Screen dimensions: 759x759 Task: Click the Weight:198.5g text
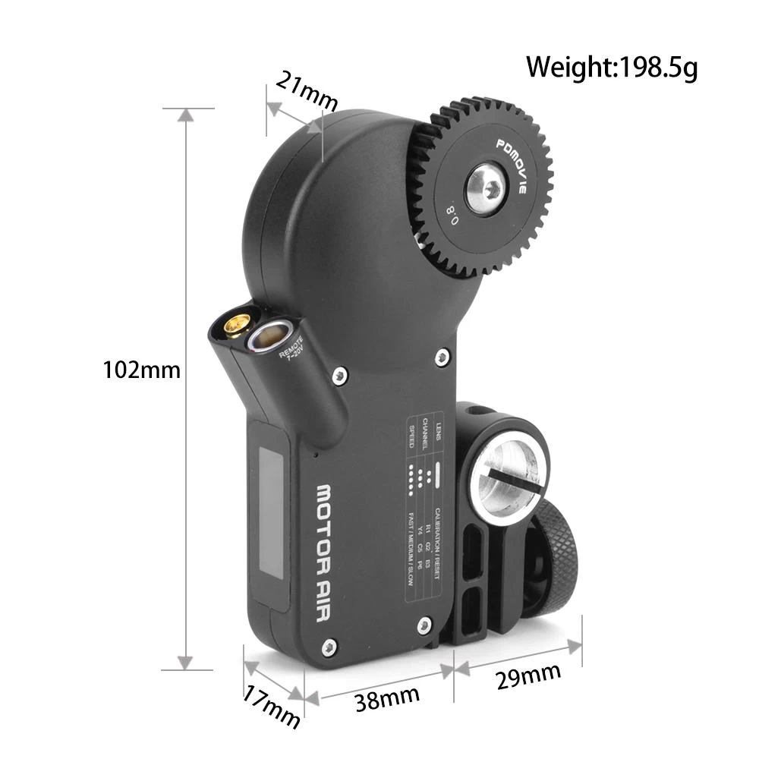[x=612, y=67]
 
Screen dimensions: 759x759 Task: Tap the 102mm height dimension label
[x=142, y=370]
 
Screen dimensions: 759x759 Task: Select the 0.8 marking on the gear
[x=452, y=211]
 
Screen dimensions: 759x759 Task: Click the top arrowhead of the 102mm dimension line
[x=184, y=114]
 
